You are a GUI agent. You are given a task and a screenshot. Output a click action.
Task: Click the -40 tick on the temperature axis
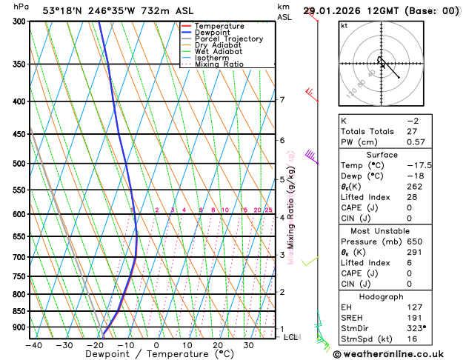33,344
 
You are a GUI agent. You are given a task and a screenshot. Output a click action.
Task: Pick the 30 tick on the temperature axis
248,344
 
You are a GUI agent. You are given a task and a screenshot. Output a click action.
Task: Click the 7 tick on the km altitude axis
282,100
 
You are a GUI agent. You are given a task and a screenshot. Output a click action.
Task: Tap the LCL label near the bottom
291,337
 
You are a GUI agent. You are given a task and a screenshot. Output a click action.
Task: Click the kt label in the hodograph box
344,26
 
